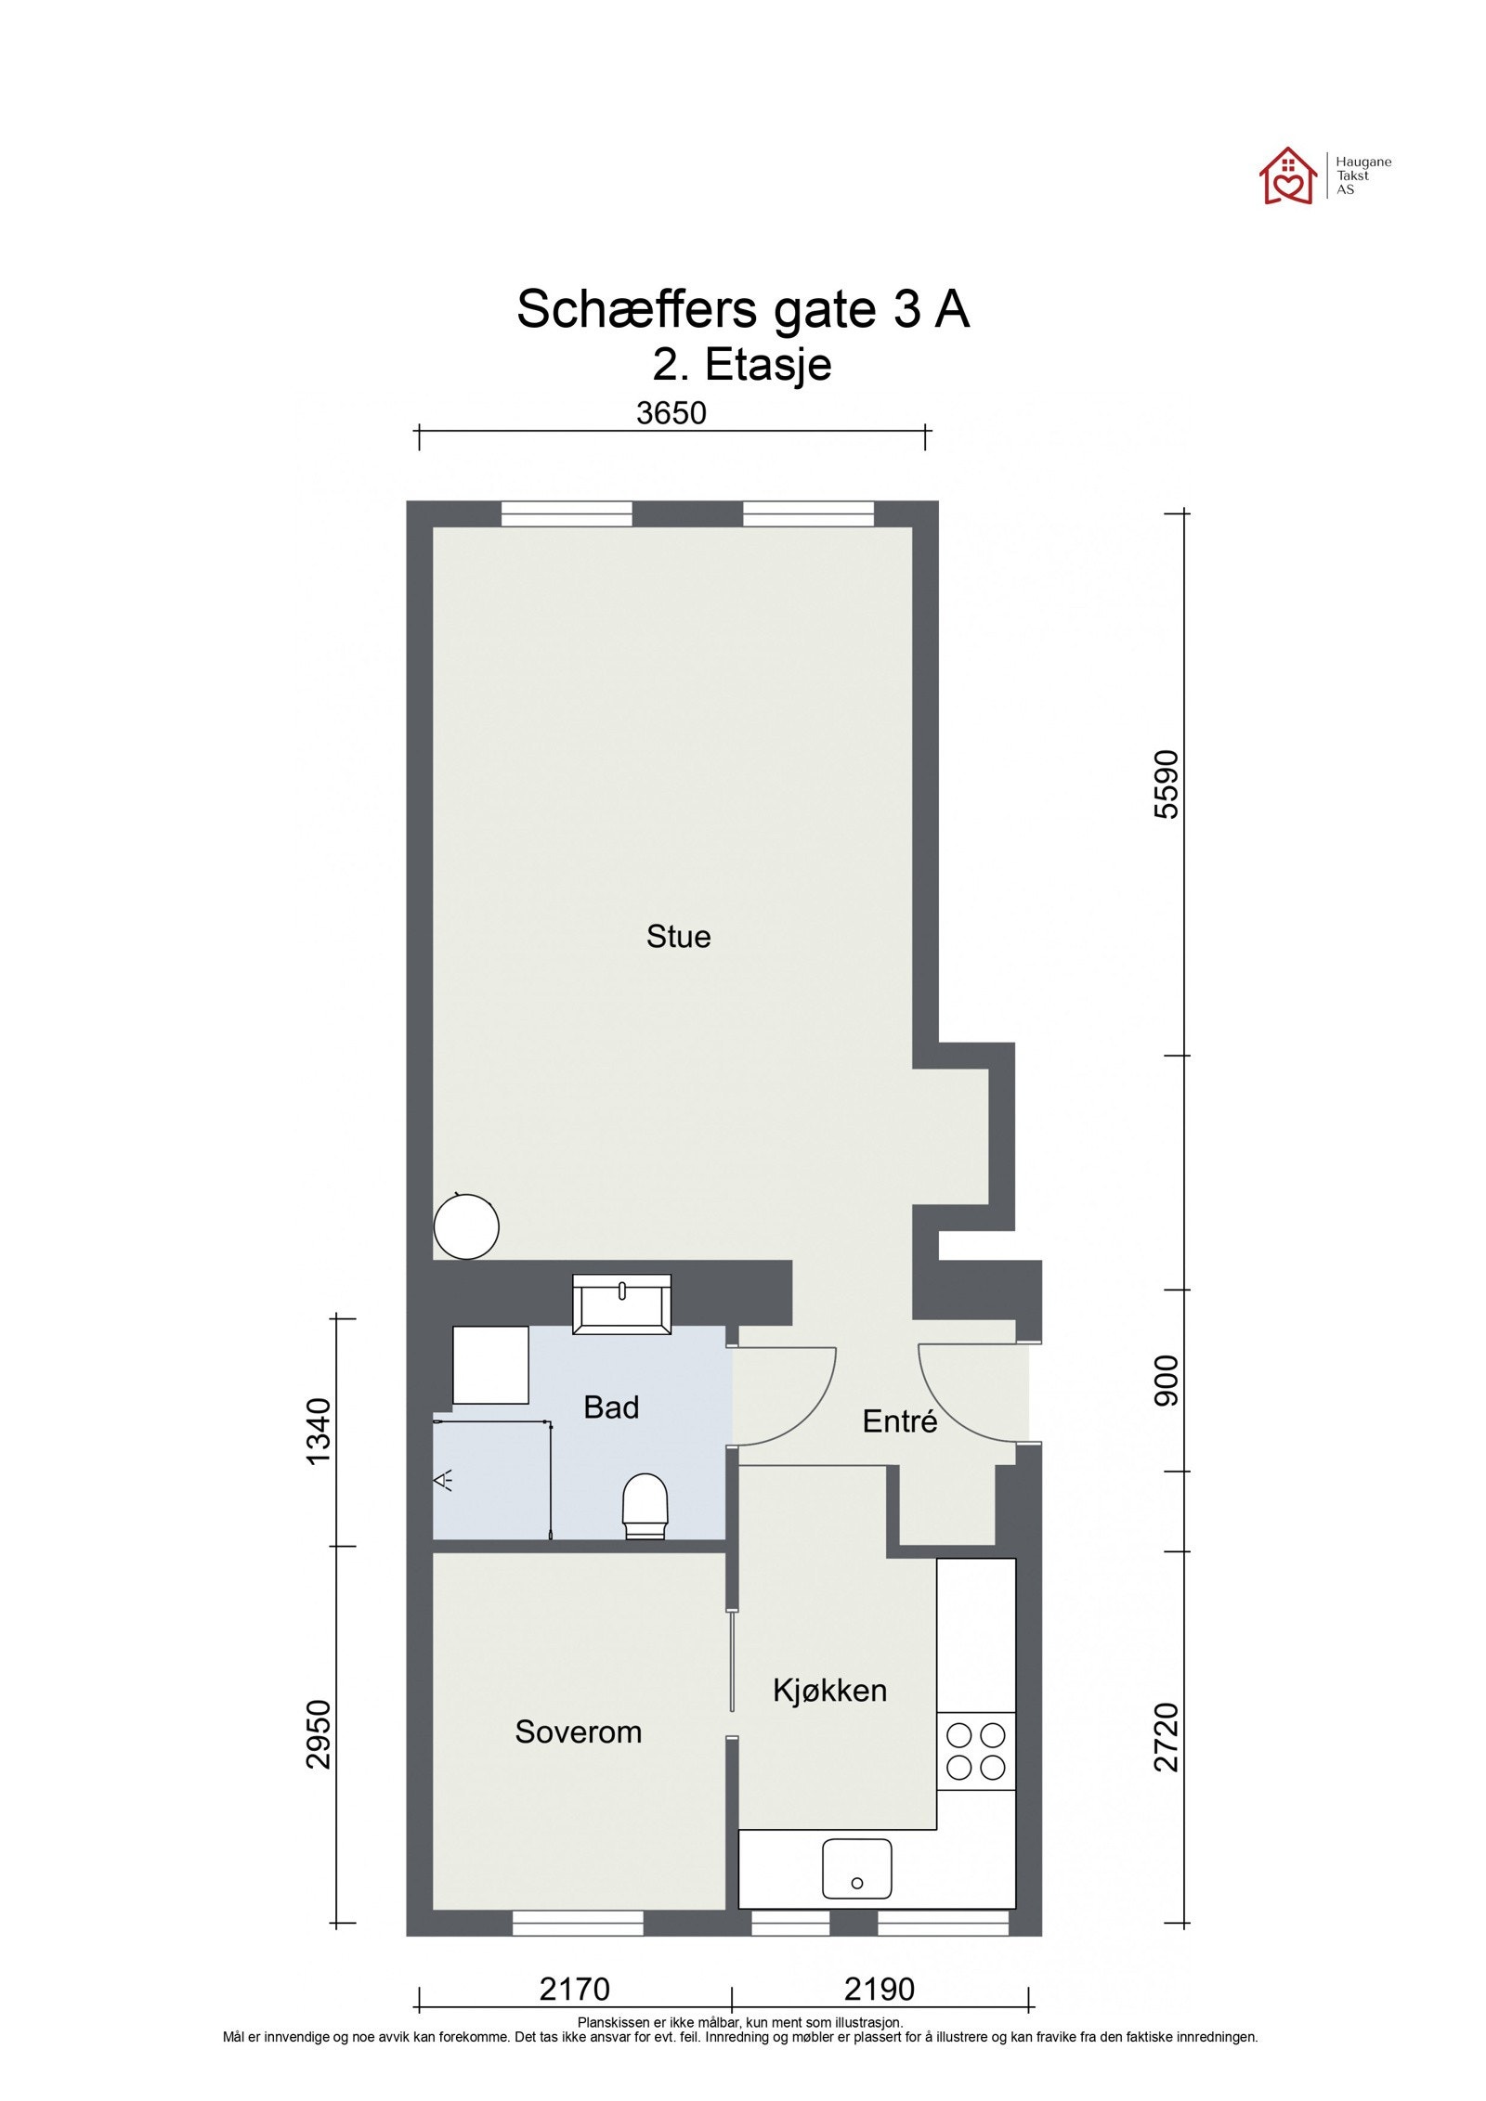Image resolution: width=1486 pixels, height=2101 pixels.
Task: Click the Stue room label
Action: [678, 936]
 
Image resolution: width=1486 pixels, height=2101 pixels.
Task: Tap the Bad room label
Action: [610, 1407]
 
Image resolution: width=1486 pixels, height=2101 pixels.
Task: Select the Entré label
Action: [899, 1421]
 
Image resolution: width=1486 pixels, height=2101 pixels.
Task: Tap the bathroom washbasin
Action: [621, 1303]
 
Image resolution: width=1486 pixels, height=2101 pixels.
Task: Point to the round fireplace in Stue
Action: [466, 1226]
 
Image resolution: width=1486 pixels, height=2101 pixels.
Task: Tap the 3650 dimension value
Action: [671, 413]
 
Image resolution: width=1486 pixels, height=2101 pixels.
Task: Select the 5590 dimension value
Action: [1166, 785]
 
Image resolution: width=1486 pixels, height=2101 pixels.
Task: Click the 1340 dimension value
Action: [319, 1431]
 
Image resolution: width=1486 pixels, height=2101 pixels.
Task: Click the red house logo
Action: [1287, 176]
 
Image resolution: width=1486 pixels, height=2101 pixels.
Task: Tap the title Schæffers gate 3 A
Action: [742, 309]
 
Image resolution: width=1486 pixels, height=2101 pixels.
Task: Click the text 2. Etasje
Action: [741, 364]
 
